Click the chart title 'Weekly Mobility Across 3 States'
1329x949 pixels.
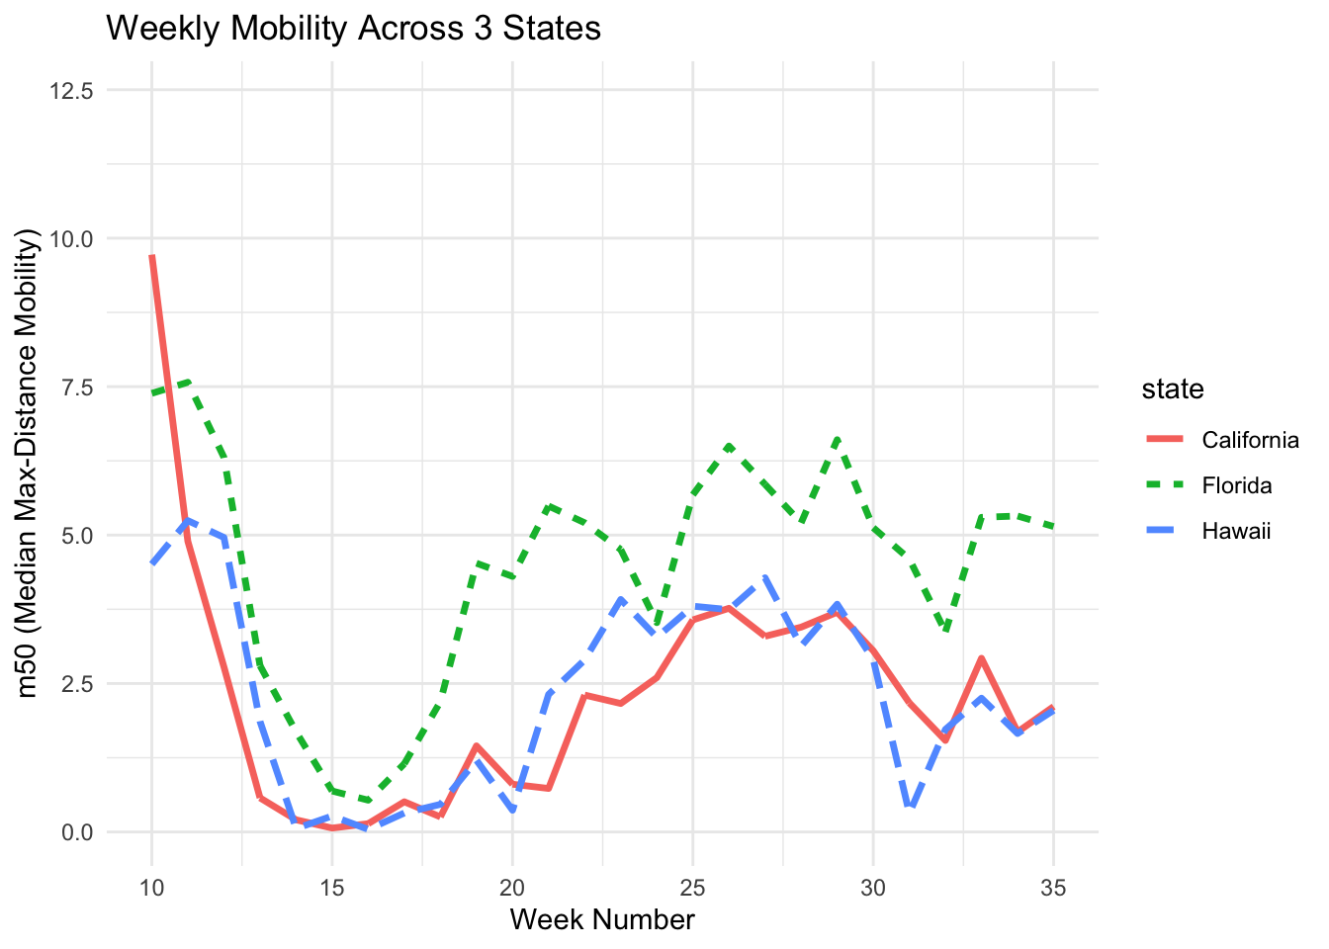coord(353,29)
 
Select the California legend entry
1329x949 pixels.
coord(1250,440)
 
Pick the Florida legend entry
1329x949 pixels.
coord(1236,485)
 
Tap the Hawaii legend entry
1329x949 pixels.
coord(1235,531)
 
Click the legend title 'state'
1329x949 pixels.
coord(1172,389)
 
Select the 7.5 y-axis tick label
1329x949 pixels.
coord(77,388)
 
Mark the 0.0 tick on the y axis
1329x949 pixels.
coord(77,832)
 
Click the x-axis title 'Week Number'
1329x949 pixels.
coord(602,920)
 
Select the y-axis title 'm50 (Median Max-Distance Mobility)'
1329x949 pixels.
coord(29,462)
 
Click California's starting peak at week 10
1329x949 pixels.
coord(152,257)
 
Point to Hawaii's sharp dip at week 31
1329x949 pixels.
coord(910,809)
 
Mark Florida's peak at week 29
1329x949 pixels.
coord(838,438)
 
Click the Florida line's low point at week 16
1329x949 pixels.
coord(368,800)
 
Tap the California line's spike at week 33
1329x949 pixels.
coord(981,658)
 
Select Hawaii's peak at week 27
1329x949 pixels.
coord(765,577)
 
